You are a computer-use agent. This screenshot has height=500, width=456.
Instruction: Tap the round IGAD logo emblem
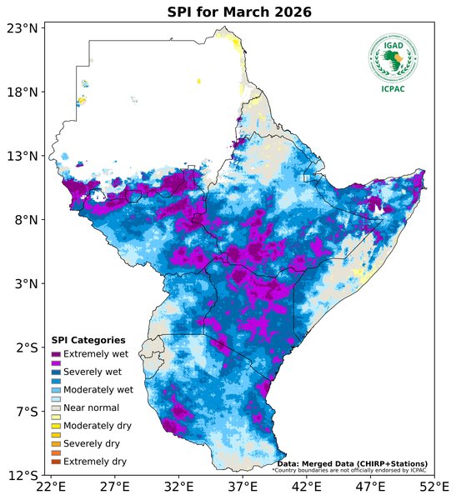click(x=393, y=57)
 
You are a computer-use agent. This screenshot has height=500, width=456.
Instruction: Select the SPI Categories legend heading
click(x=88, y=340)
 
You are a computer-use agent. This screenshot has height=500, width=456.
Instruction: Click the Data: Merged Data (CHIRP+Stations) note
click(x=352, y=463)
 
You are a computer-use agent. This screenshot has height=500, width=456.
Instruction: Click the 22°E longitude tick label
click(x=51, y=487)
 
